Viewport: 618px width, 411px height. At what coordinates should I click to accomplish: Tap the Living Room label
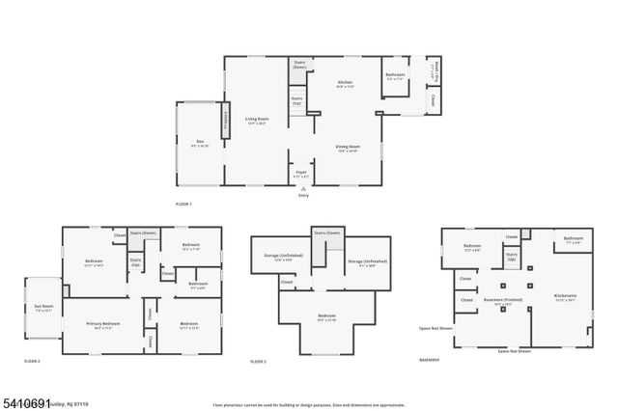tap(256, 122)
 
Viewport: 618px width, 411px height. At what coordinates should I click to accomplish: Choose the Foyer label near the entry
tap(301, 175)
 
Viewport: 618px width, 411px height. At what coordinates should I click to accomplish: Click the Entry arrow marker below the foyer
tap(303, 189)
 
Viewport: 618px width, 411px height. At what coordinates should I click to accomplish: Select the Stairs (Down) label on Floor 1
tap(299, 66)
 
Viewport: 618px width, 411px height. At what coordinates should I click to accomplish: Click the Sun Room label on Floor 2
tap(43, 311)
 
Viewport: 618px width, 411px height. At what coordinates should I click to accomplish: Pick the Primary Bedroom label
tap(103, 325)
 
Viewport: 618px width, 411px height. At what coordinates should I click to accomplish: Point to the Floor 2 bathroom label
tap(199, 286)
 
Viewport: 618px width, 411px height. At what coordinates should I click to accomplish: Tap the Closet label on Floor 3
tap(288, 282)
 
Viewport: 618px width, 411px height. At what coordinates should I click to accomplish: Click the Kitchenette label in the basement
tap(566, 297)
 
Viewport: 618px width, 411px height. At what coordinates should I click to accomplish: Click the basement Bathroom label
tap(574, 240)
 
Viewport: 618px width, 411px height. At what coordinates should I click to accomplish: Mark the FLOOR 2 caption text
tap(32, 360)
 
